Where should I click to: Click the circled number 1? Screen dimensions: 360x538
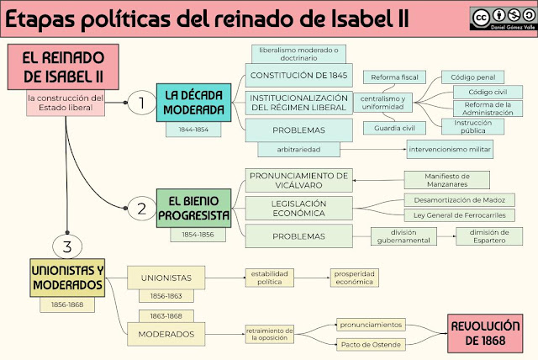[142, 103]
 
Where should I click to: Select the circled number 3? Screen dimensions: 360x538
[66, 246]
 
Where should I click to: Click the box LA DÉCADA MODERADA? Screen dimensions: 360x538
[193, 103]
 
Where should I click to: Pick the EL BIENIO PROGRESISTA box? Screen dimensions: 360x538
[193, 207]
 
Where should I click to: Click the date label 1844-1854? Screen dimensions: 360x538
[193, 131]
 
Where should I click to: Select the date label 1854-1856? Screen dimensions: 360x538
[193, 236]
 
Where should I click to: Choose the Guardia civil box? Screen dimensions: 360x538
[392, 128]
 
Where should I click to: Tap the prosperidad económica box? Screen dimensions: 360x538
[354, 278]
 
